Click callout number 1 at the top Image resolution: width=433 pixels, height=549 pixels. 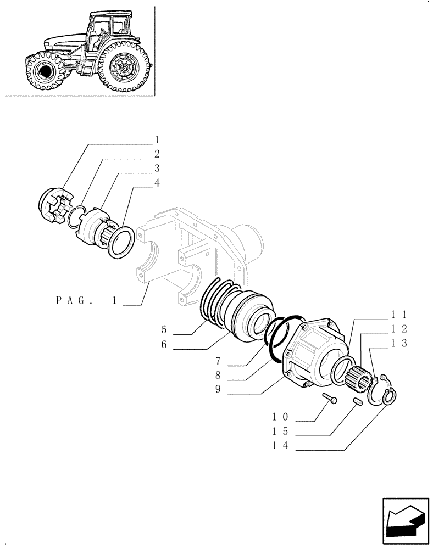(157, 139)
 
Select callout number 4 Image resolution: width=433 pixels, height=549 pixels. (157, 183)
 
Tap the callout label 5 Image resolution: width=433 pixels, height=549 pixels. (164, 330)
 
